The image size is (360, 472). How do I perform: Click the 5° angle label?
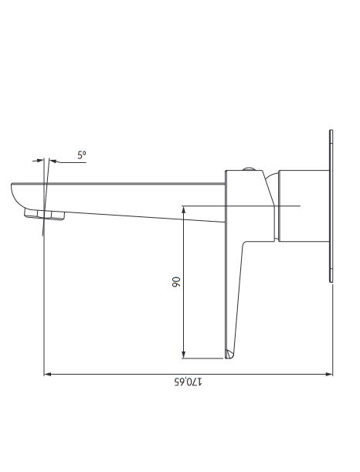[x=82, y=155]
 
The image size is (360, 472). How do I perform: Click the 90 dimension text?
[x=176, y=282]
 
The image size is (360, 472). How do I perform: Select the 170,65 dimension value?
[x=188, y=382]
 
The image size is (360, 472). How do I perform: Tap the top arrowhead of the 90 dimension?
[x=184, y=209]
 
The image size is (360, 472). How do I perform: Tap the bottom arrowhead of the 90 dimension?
[x=184, y=355]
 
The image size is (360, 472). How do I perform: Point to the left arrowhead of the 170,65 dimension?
[x=48, y=374]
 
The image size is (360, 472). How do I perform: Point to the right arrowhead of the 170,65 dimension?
[x=329, y=374]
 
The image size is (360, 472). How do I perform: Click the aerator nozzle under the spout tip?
[x=45, y=215]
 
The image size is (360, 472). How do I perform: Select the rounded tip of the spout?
[x=16, y=195]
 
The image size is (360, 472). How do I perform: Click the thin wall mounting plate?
[x=331, y=206]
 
